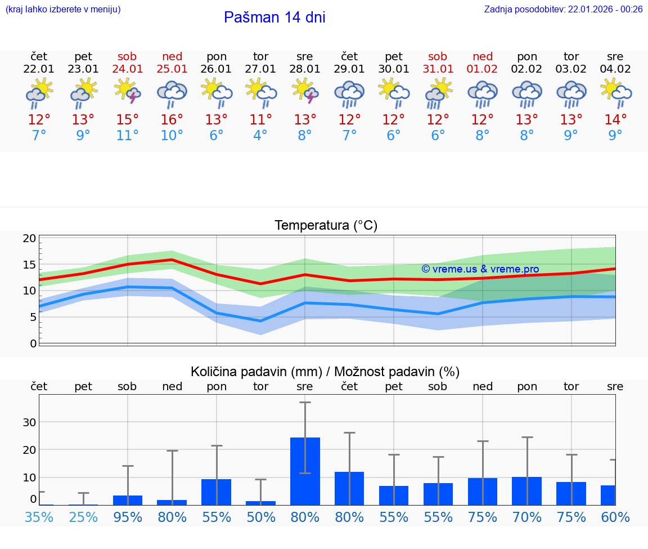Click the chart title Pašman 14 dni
click(274, 17)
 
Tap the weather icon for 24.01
click(128, 91)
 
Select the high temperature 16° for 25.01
click(172, 120)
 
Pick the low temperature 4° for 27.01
click(260, 136)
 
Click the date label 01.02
click(482, 69)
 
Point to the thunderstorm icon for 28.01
click(305, 91)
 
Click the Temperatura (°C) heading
click(326, 226)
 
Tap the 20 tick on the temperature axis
click(30, 238)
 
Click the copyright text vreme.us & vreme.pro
click(480, 269)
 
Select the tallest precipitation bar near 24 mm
click(305, 471)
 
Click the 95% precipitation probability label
click(128, 517)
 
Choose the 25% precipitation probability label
click(83, 517)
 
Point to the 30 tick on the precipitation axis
click(30, 422)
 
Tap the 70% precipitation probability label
click(526, 517)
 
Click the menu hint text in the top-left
click(63, 9)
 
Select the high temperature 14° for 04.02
click(615, 120)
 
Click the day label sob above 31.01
click(438, 57)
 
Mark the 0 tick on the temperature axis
click(33, 343)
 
